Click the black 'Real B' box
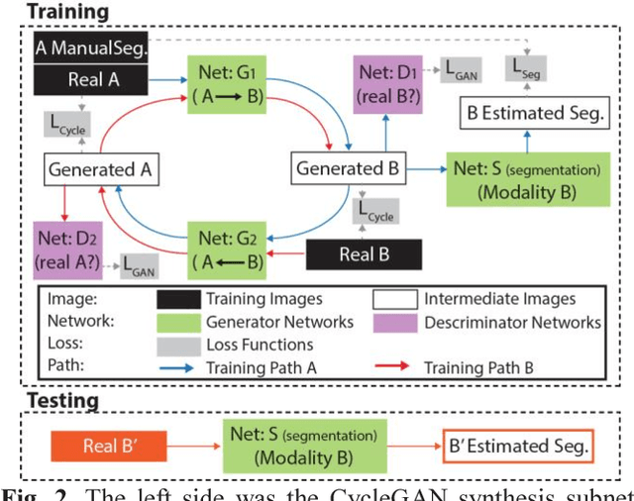pyautogui.click(x=364, y=252)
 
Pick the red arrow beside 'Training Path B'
pyautogui.click(x=395, y=367)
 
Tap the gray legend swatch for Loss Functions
pyautogui.click(x=183, y=345)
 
